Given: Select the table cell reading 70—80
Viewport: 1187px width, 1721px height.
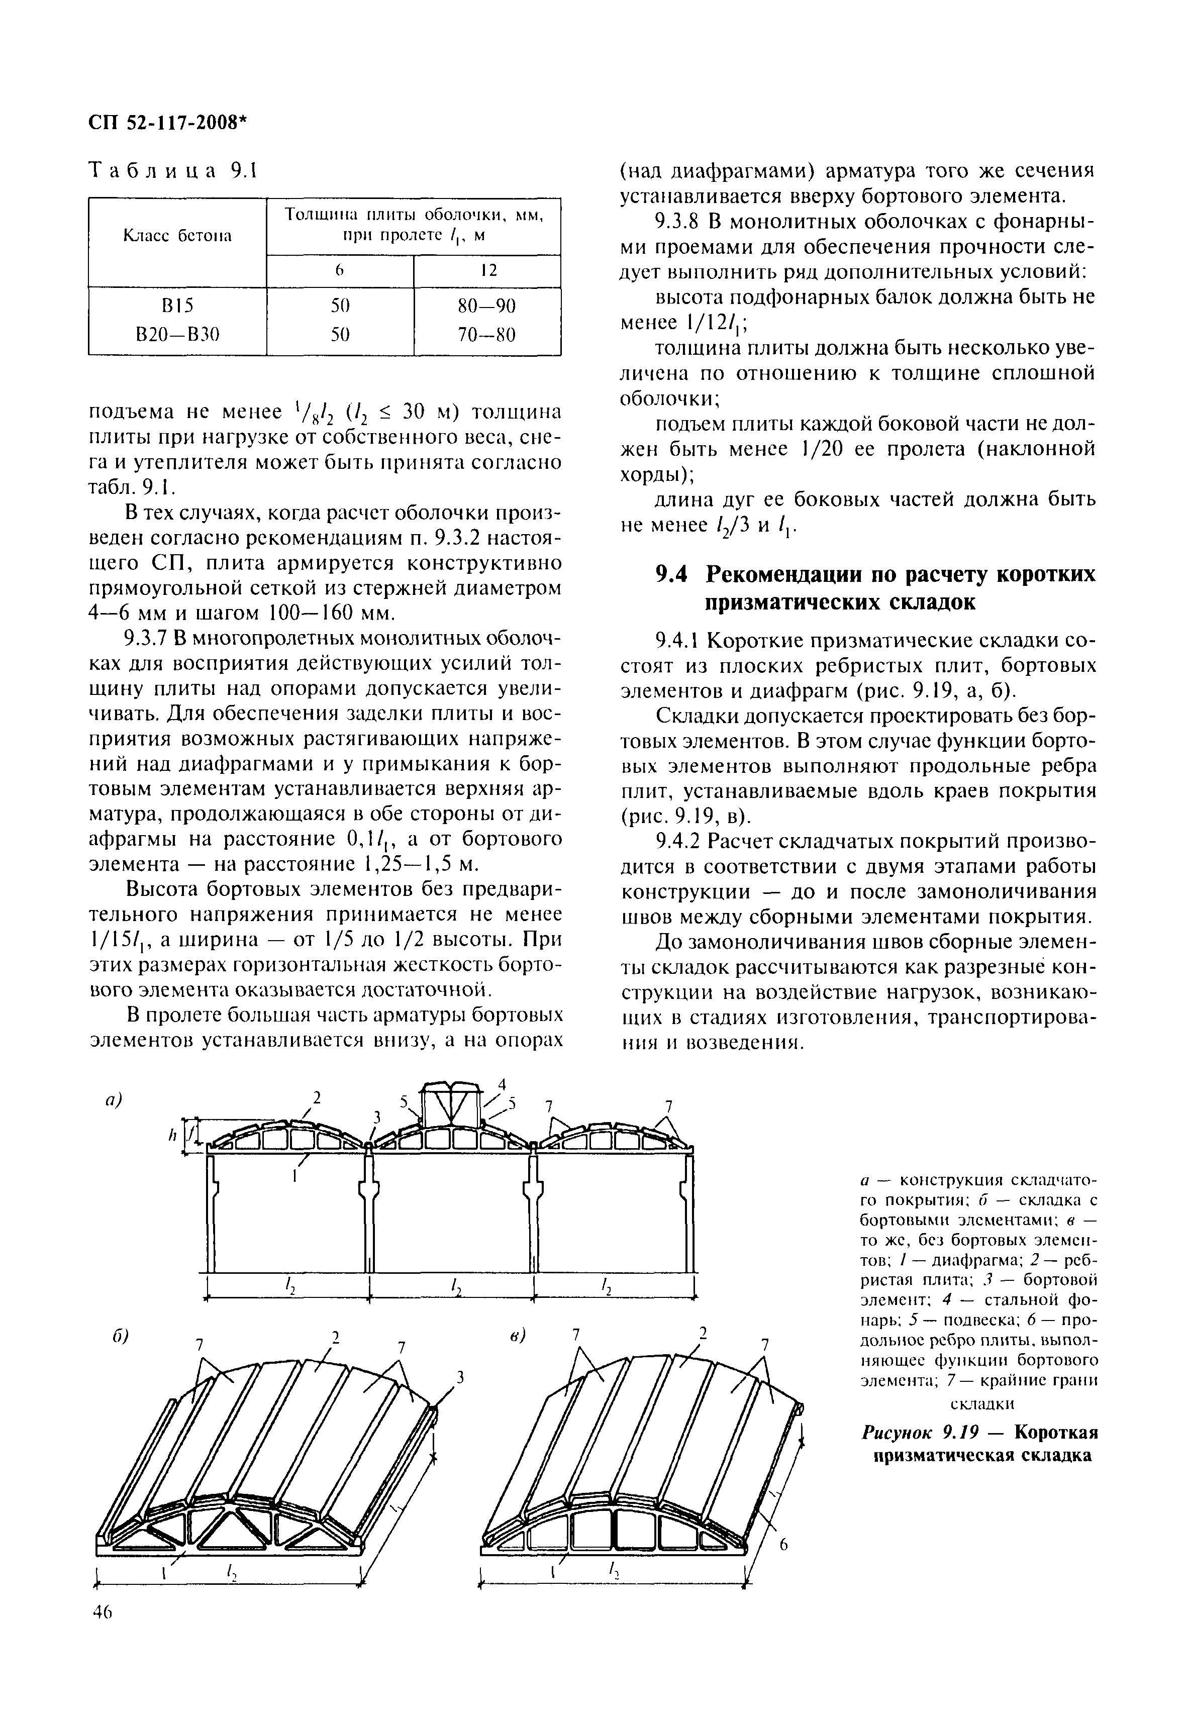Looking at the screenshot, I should coord(486,336).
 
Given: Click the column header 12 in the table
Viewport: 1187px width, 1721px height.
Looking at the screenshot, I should coord(487,271).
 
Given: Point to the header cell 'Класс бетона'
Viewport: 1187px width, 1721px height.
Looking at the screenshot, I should coord(177,237).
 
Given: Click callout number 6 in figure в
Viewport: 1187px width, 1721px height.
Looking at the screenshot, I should coord(783,1546).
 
